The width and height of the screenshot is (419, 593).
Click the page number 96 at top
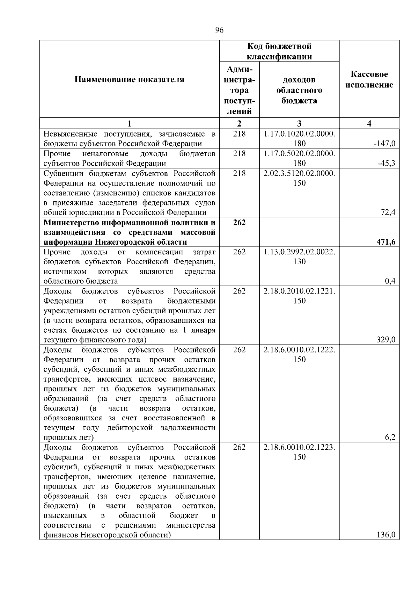pyautogui.click(x=219, y=30)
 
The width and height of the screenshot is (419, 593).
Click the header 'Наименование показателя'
pyautogui.click(x=129, y=80)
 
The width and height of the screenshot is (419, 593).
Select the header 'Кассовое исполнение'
pyautogui.click(x=369, y=80)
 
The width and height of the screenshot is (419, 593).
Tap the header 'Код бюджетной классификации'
pyautogui.click(x=279, y=51)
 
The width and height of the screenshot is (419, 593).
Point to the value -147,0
pyautogui.click(x=384, y=144)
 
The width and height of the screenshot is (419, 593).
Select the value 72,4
pyautogui.click(x=388, y=212)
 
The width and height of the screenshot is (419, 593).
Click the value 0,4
pyautogui.click(x=390, y=281)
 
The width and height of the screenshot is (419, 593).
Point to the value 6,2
pyautogui.click(x=390, y=437)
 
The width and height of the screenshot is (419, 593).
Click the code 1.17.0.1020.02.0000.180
pyautogui.click(x=299, y=138)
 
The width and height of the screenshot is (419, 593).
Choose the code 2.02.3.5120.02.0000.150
pyautogui.click(x=299, y=178)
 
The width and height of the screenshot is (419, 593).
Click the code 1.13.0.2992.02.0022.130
pyautogui.click(x=299, y=257)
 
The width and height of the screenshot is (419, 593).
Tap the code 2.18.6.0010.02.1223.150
pyautogui.click(x=299, y=452)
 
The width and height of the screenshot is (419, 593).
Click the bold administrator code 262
pyautogui.click(x=239, y=223)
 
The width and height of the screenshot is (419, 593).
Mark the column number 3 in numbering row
pyautogui.click(x=299, y=123)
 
